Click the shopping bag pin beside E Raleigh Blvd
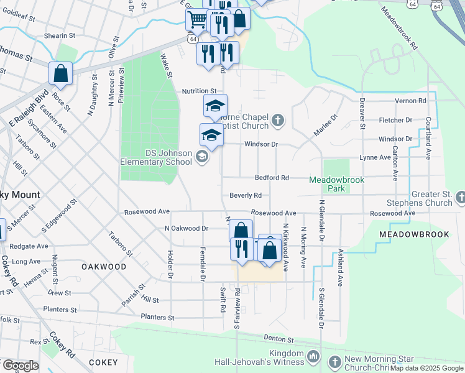tap(61, 73)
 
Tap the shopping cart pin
tap(197, 21)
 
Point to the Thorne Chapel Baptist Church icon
tap(278, 120)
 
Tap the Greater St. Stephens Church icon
tap(460, 198)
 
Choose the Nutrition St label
tap(199, 91)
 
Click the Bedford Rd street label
tap(272, 178)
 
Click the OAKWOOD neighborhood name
tap(103, 267)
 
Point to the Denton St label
tap(282, 340)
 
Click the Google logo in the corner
tap(20, 365)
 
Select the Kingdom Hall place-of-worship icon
tap(314, 357)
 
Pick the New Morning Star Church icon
tap(334, 361)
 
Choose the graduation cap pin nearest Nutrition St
tap(216, 106)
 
